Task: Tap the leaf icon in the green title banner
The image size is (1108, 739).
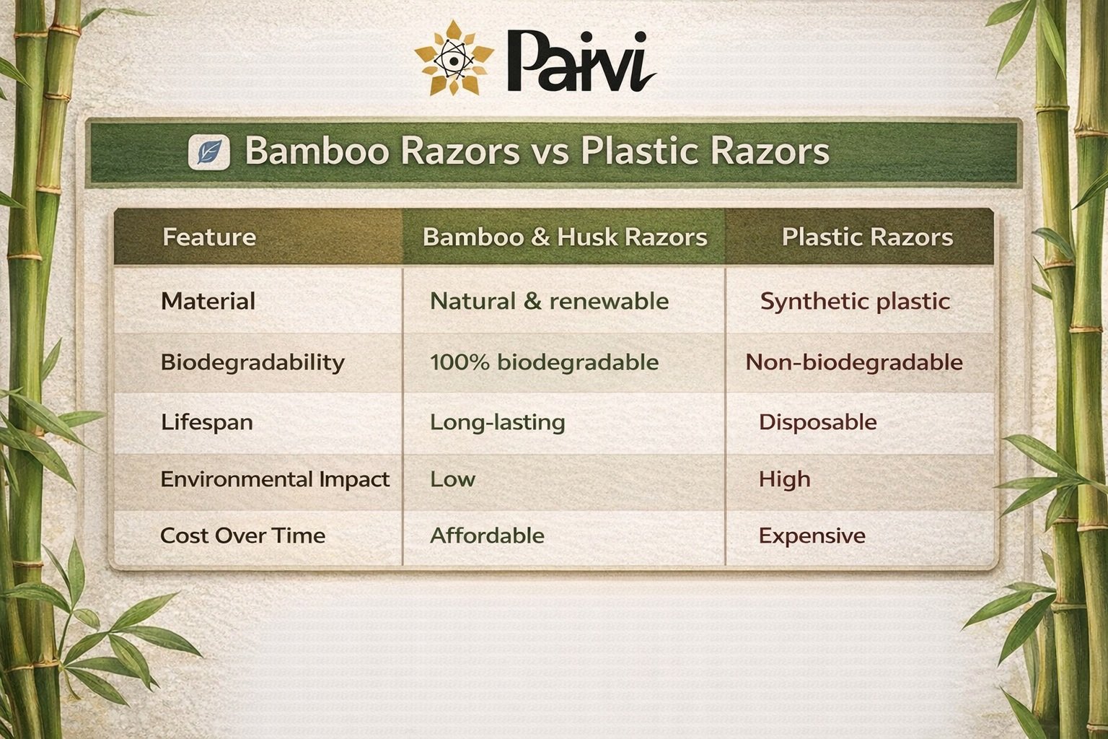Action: click(208, 152)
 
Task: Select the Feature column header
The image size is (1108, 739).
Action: click(209, 237)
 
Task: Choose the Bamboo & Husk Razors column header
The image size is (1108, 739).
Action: click(564, 237)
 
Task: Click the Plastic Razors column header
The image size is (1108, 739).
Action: click(867, 237)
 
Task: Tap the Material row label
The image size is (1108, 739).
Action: click(208, 301)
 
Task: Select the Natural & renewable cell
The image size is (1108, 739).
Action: click(549, 301)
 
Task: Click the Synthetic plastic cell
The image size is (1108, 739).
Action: click(855, 301)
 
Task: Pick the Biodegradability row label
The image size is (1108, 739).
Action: click(252, 362)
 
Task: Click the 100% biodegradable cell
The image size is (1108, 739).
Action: click(544, 362)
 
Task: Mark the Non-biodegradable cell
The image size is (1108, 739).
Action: click(854, 362)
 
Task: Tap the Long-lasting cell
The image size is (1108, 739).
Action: click(497, 421)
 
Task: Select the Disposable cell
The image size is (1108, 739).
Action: click(817, 421)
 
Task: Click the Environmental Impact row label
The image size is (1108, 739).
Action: click(275, 479)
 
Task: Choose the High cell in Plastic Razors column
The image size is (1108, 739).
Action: click(784, 479)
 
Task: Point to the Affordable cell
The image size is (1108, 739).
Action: click(487, 535)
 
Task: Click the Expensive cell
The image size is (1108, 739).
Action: click(812, 535)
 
